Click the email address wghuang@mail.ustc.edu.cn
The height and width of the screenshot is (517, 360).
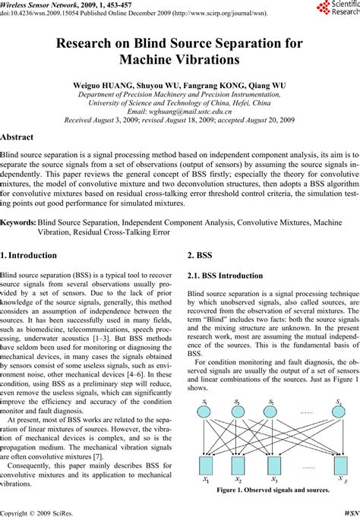[181, 111]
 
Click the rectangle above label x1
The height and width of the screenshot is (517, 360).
[204, 465]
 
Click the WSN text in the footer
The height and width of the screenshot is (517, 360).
[349, 510]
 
